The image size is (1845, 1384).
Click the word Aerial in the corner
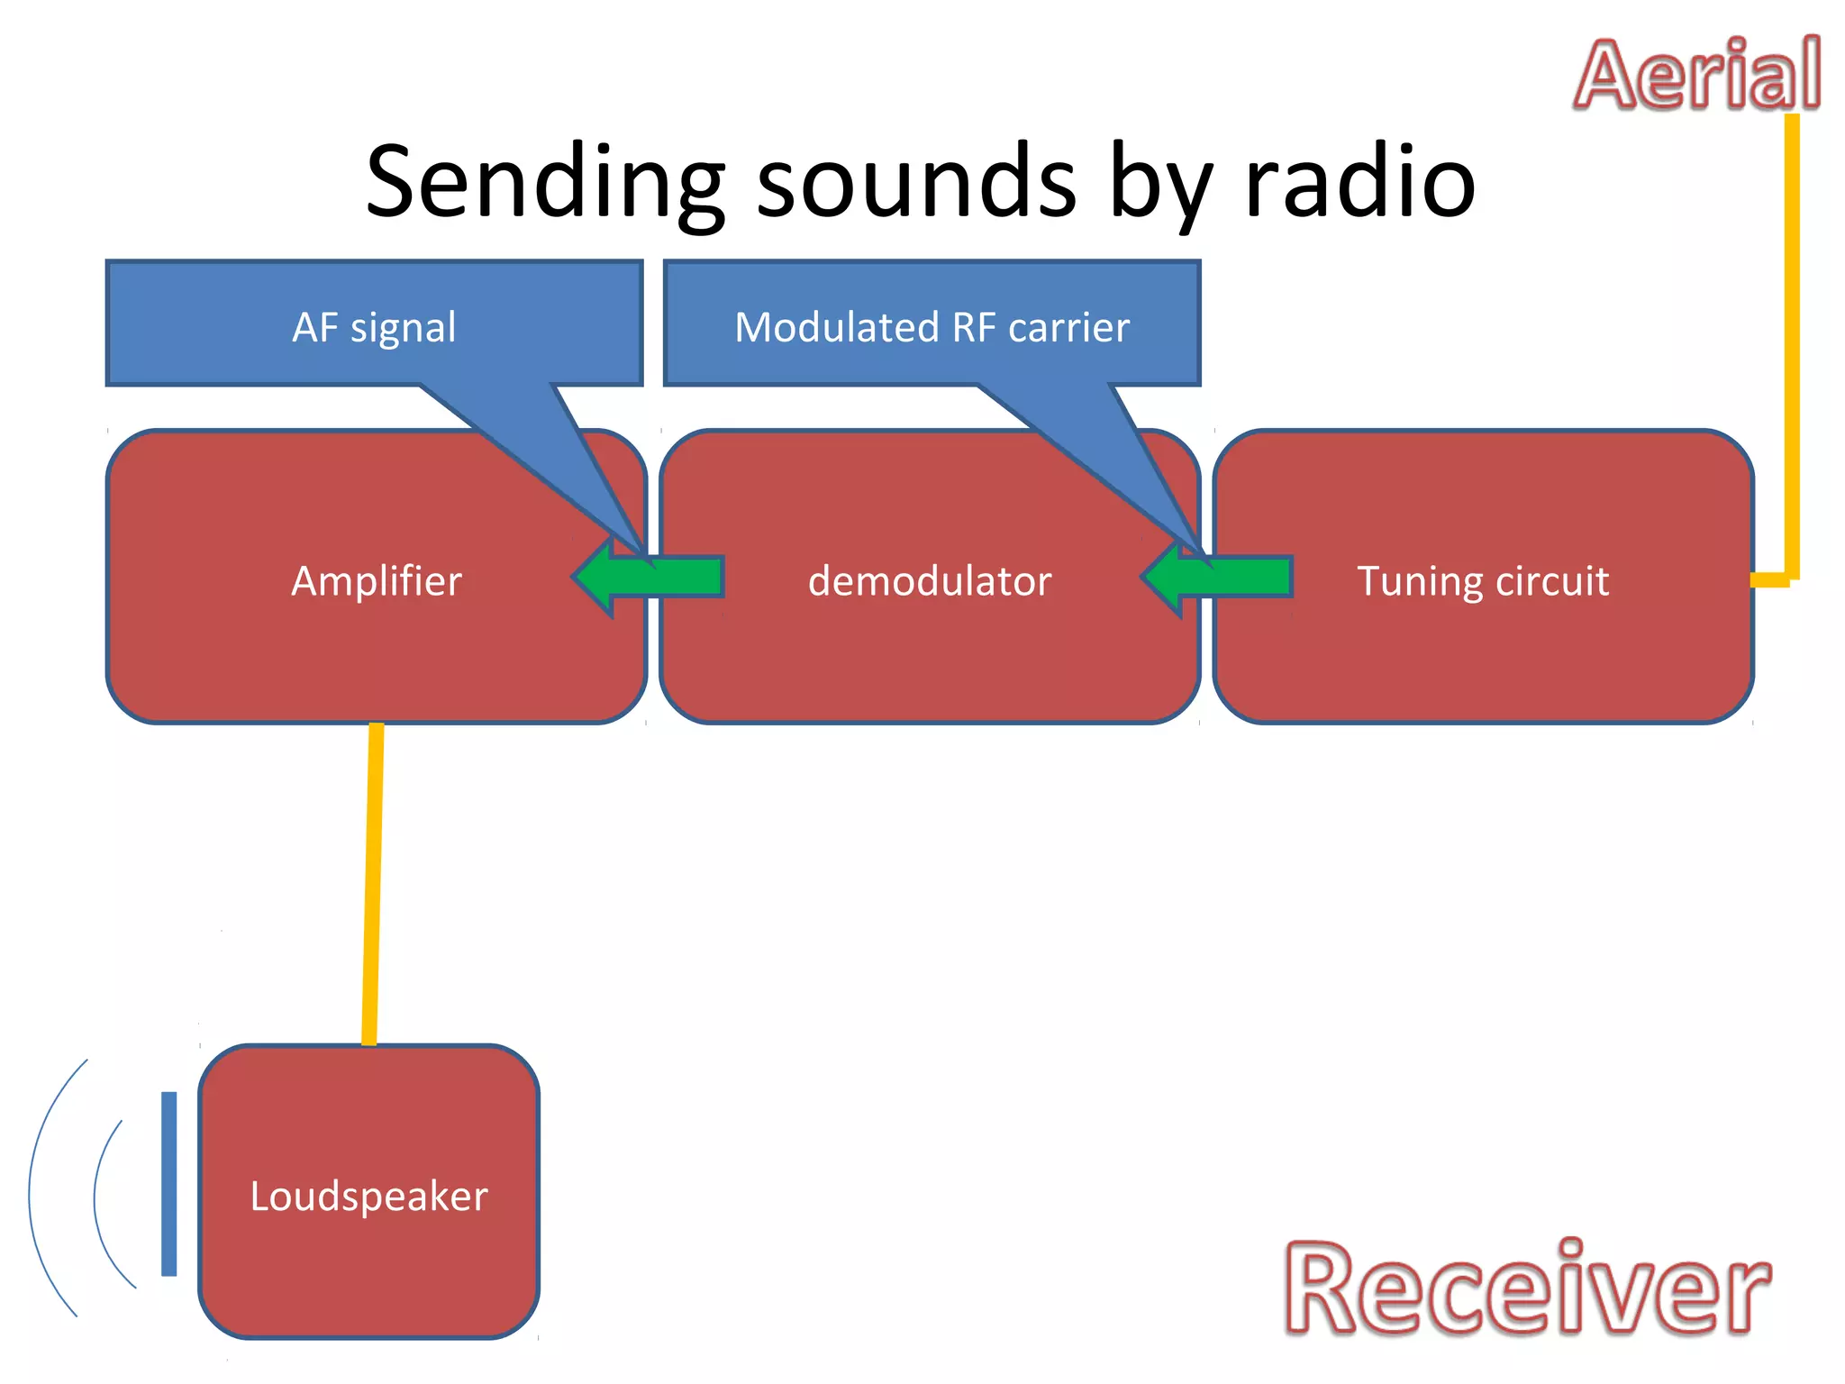click(1697, 76)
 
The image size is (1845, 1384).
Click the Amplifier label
click(377, 581)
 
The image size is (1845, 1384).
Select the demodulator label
click(930, 581)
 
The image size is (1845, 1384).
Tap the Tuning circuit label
click(1483, 581)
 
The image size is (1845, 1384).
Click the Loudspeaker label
click(368, 1197)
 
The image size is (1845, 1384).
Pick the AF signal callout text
click(374, 327)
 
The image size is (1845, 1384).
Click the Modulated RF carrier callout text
click(932, 327)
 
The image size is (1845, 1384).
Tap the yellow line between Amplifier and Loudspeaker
click(372, 883)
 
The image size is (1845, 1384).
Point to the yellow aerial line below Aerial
click(1792, 342)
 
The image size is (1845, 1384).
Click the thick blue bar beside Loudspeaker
click(168, 1183)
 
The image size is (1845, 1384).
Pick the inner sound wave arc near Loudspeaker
click(95, 1198)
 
